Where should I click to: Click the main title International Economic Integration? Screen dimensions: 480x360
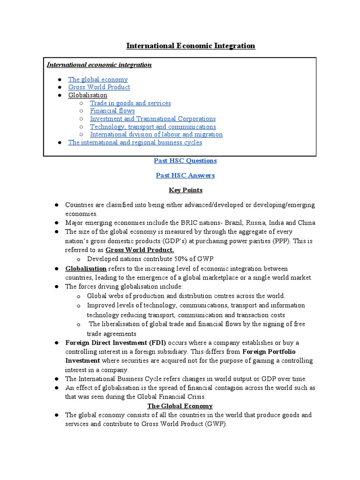[191, 45]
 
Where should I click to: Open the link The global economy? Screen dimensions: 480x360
[97, 79]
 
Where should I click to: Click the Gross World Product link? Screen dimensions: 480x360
[99, 87]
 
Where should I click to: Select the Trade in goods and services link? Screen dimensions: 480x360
[130, 103]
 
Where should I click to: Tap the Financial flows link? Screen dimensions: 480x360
[112, 111]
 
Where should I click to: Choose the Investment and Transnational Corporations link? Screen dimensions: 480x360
[153, 119]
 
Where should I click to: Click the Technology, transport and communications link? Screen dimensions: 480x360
[153, 127]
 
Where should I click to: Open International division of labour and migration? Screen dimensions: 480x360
[156, 135]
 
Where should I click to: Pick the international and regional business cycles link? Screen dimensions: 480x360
[135, 142]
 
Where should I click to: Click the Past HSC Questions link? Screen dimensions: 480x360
[185, 161]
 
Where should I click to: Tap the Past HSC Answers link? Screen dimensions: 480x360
[185, 175]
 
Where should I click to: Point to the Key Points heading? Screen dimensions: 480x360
[185, 190]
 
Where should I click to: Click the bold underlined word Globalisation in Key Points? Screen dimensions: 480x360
[86, 268]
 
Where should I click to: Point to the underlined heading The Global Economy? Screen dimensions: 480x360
[180, 406]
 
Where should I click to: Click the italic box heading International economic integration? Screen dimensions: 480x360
[99, 65]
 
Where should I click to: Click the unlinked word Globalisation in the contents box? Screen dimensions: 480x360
[88, 95]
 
